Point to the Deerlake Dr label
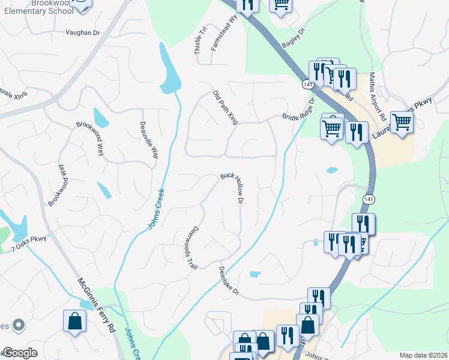[x=229, y=281]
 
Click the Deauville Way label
[x=149, y=140]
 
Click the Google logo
[x=20, y=353]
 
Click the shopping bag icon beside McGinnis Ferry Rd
[x=74, y=321]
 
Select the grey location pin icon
[x=19, y=325]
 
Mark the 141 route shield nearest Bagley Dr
[x=307, y=85]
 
